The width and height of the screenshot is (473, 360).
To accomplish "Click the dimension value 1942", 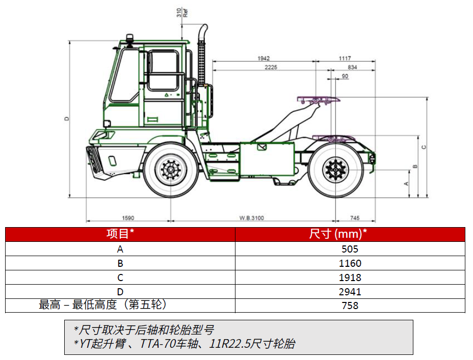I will click(264, 58).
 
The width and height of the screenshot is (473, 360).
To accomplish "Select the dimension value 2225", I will click(271, 67).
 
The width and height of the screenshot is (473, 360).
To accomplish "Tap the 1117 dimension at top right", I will click(345, 58).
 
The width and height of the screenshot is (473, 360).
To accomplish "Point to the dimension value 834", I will click(352, 67).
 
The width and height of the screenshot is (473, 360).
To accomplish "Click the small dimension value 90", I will click(345, 76).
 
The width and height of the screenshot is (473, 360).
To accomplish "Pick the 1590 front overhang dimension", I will click(128, 218).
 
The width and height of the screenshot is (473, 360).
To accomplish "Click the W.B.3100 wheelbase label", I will click(252, 218).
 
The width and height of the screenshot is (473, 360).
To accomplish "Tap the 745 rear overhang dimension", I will click(355, 218).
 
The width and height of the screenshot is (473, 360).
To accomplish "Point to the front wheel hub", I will click(170, 169).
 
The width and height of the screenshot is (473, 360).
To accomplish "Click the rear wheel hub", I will click(335, 169).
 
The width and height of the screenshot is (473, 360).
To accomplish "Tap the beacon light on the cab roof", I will click(129, 39).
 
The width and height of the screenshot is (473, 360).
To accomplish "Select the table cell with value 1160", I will click(350, 263).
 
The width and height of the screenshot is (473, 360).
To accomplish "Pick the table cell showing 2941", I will click(350, 292).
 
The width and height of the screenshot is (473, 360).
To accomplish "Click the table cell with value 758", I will click(350, 306).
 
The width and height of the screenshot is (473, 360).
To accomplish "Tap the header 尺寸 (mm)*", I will click(338, 234).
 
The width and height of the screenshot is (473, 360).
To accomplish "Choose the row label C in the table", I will click(120, 278).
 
